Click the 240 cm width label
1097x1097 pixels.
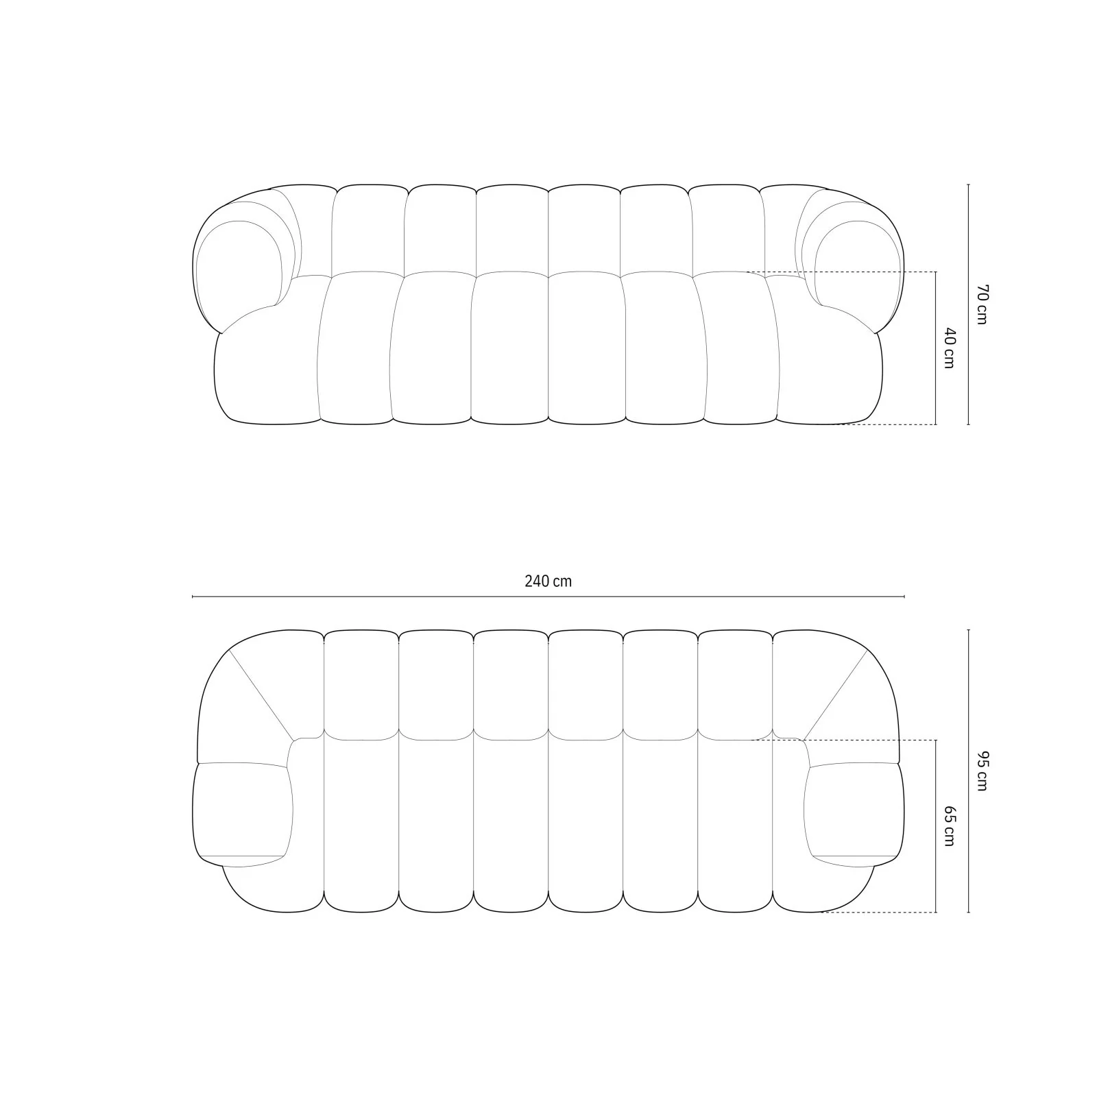point(548,581)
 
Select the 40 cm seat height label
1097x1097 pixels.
point(949,348)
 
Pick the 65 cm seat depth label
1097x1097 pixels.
point(949,826)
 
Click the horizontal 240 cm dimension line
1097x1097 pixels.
point(548,597)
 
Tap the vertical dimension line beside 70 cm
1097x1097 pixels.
point(968,304)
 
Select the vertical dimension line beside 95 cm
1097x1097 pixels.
point(968,771)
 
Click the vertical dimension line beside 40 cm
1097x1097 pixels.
point(936,348)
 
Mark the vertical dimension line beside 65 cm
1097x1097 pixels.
point(936,826)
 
